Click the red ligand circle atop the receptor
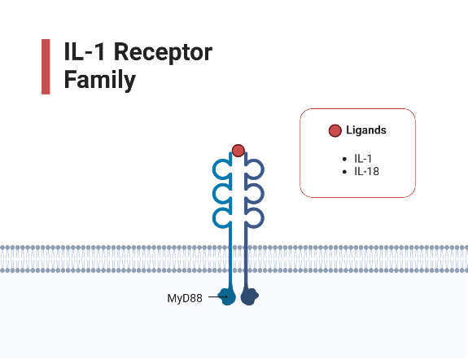click(x=238, y=150)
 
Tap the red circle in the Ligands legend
click(x=335, y=130)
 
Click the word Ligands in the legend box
click(x=365, y=130)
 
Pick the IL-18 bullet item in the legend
click(x=366, y=172)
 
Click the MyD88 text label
click(x=185, y=298)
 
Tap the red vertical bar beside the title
click(x=46, y=66)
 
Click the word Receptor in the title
click(x=163, y=53)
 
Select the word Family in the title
click(x=99, y=81)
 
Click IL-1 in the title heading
click(x=85, y=53)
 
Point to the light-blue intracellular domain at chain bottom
click(x=229, y=297)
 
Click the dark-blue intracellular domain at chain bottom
click(x=248, y=298)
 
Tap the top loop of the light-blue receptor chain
click(x=220, y=169)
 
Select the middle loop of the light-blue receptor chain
click(x=220, y=193)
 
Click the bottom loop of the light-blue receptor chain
click(x=220, y=217)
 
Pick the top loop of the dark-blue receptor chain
click(x=256, y=169)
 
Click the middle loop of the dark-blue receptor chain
click(x=256, y=193)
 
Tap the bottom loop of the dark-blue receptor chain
click(x=256, y=217)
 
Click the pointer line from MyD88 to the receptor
click(x=214, y=297)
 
